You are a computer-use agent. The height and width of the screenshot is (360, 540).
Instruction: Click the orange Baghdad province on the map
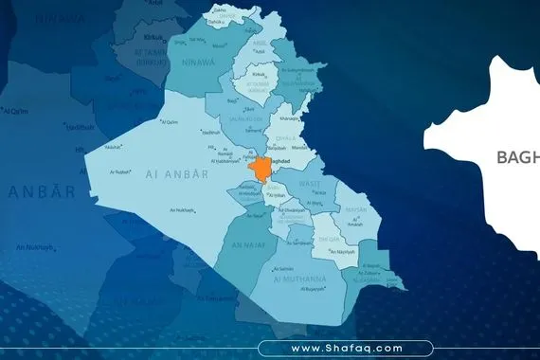point(257,170)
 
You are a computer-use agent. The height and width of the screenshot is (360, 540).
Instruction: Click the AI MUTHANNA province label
point(298,279)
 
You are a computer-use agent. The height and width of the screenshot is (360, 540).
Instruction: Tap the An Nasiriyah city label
point(341,253)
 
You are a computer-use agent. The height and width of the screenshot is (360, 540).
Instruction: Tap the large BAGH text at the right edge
point(518,157)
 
